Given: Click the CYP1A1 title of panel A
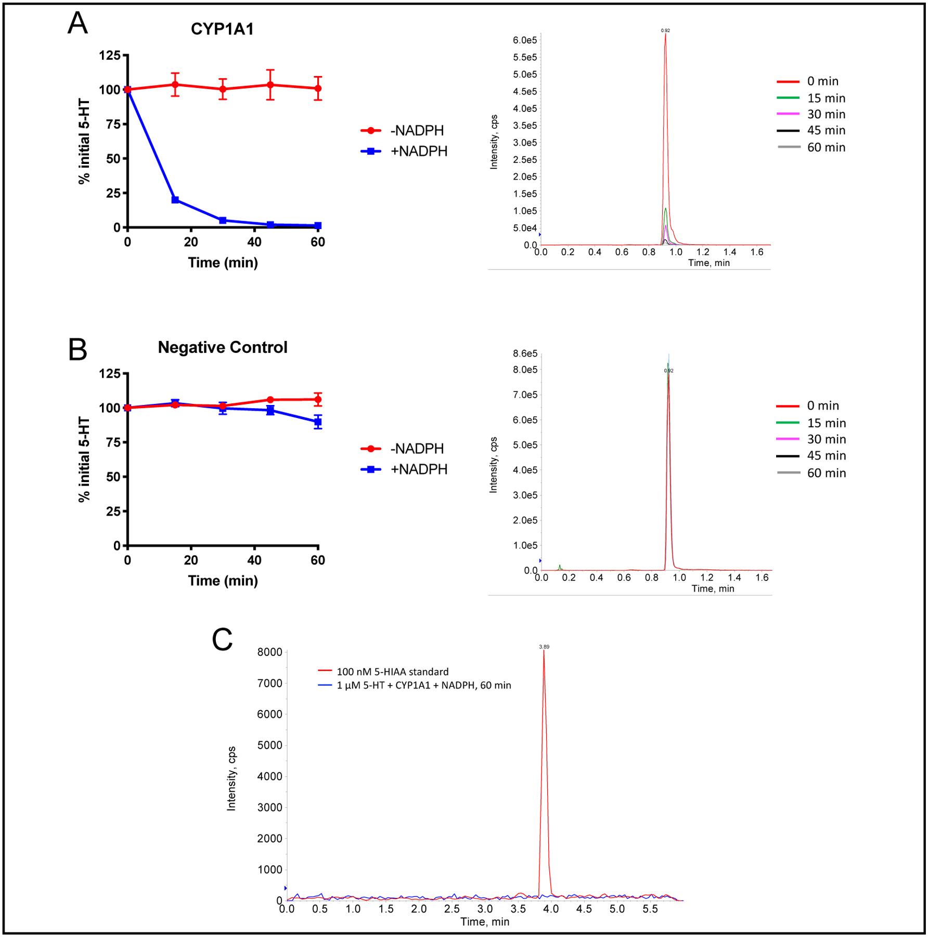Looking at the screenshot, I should click(x=222, y=29).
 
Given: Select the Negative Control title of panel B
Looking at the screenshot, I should click(x=222, y=347).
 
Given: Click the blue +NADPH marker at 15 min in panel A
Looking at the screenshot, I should click(x=175, y=200).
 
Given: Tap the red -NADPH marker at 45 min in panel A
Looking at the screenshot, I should click(x=270, y=84).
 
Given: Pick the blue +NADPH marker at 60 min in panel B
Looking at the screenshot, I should click(x=318, y=422).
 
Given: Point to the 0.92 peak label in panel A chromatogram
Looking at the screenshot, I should click(x=665, y=31).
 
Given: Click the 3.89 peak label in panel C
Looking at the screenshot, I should click(x=544, y=647).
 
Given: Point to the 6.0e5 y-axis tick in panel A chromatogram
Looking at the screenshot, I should click(x=524, y=40).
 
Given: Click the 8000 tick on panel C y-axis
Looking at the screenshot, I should click(x=273, y=652).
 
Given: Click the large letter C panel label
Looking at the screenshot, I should click(x=222, y=640).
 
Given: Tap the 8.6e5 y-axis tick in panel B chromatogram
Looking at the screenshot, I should click(x=525, y=354).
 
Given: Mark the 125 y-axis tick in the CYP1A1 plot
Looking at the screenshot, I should click(x=110, y=56).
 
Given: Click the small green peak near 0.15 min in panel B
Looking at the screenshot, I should click(x=560, y=566).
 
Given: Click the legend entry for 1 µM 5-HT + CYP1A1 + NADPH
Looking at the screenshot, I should click(x=423, y=686).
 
